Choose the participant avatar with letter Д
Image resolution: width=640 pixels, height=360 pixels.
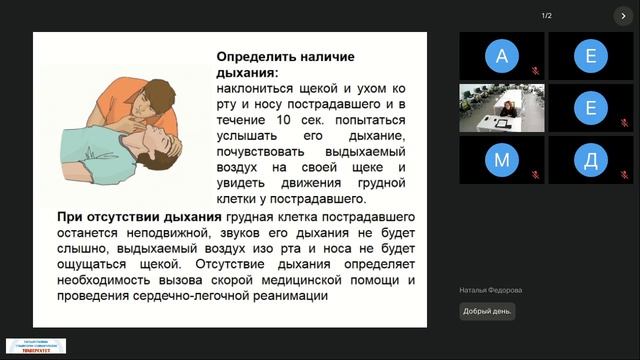590,160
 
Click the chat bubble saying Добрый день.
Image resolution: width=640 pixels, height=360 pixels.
487,311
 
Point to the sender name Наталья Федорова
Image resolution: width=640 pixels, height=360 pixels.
491,290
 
